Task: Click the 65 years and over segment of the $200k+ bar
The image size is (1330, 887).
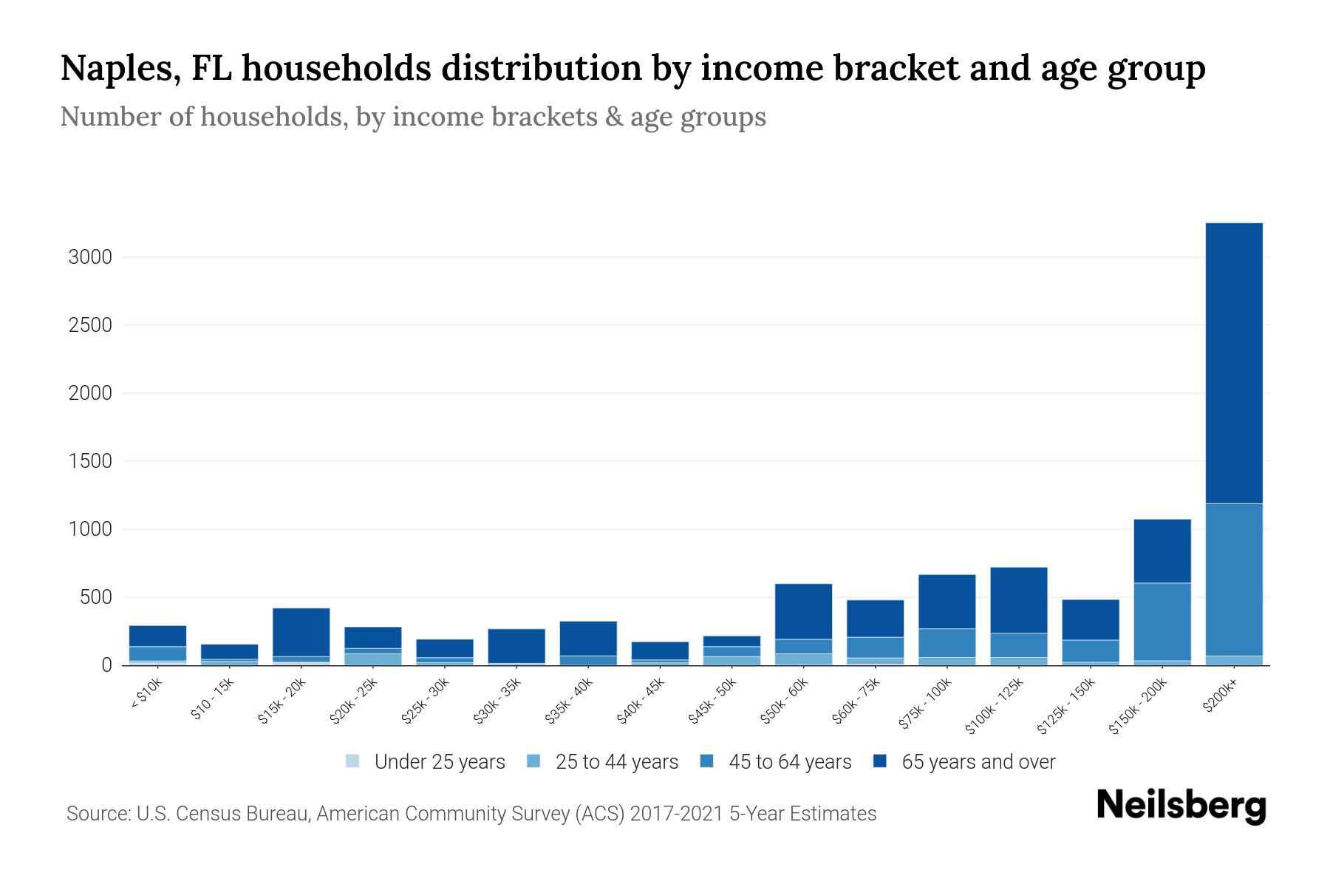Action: pyautogui.click(x=1233, y=363)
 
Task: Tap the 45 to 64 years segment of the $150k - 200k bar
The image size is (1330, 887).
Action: pyautogui.click(x=1162, y=621)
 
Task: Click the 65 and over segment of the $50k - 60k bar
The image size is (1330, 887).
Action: pyautogui.click(x=803, y=611)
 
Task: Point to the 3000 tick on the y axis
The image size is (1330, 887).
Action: pyautogui.click(x=90, y=257)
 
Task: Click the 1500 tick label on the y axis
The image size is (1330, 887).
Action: pyautogui.click(x=90, y=461)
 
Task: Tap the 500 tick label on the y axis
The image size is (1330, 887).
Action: pyautogui.click(x=95, y=597)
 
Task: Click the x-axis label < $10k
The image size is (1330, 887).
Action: pyautogui.click(x=147, y=694)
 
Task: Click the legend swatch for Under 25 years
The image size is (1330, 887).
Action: pyautogui.click(x=352, y=761)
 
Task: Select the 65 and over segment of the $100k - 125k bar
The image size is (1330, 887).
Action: pyautogui.click(x=1018, y=599)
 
